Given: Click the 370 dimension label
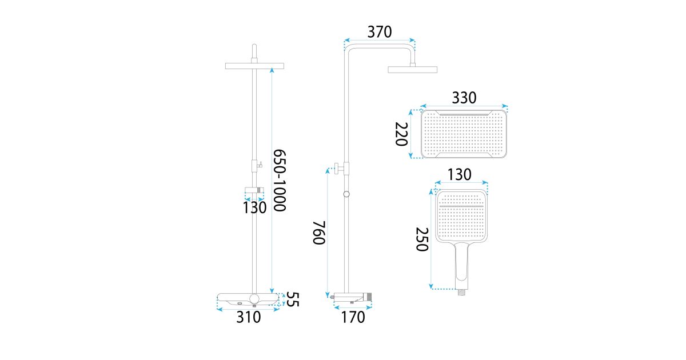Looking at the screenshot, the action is [x=380, y=32].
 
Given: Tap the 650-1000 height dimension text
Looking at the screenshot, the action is [x=280, y=181].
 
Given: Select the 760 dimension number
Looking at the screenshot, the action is [x=319, y=233].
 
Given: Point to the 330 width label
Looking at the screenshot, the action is [x=464, y=98].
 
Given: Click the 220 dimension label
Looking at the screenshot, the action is [x=401, y=134].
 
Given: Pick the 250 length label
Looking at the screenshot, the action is [x=422, y=239].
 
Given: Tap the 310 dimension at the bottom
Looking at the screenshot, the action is [x=248, y=317].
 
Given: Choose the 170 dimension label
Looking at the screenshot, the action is [x=353, y=317].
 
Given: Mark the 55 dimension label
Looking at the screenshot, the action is [x=293, y=299].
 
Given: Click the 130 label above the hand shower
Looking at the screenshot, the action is [x=460, y=175].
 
